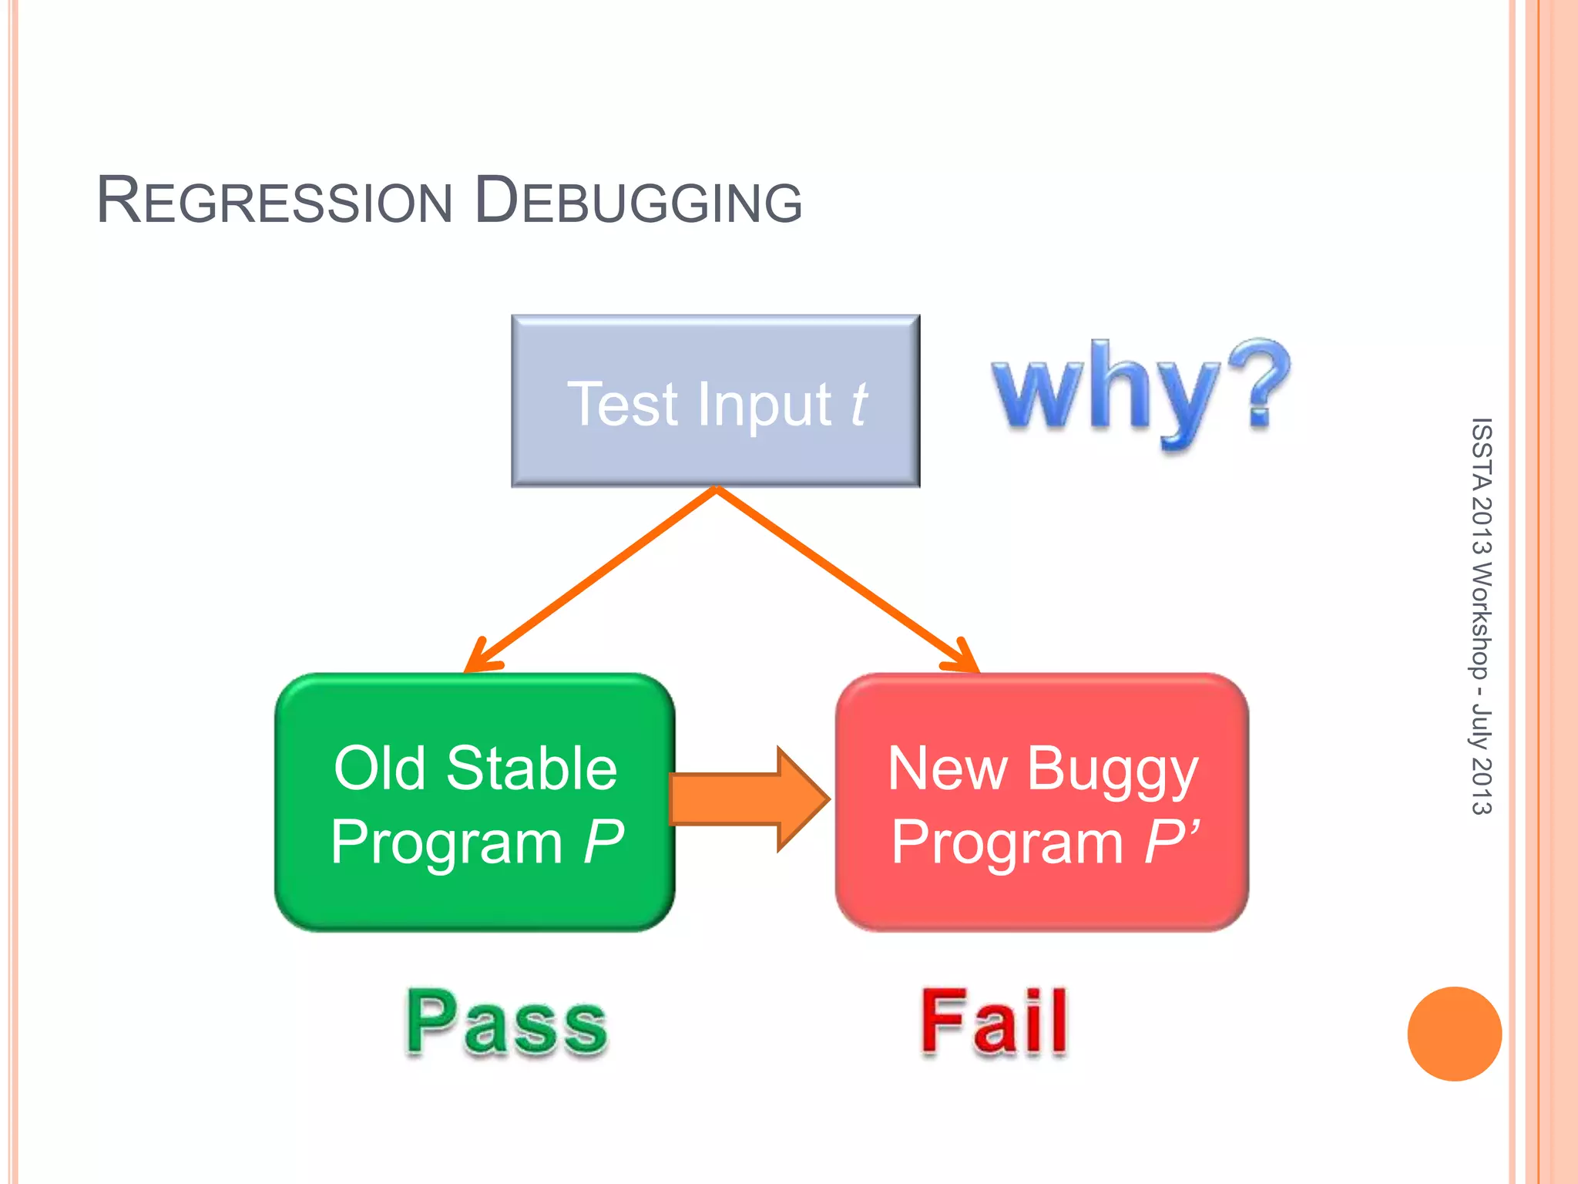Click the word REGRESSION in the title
click(x=274, y=202)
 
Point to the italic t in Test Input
click(x=859, y=404)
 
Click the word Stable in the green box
click(x=532, y=769)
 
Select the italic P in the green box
click(x=603, y=842)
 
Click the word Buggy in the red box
click(x=1112, y=771)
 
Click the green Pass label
click(x=506, y=1023)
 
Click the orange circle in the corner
click(x=1454, y=1034)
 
